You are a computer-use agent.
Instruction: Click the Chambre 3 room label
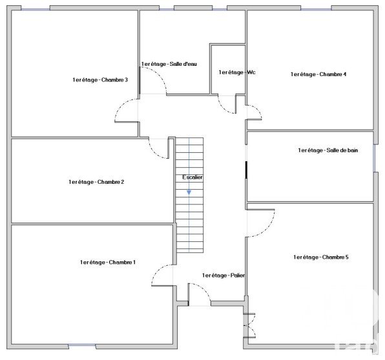tap(100, 80)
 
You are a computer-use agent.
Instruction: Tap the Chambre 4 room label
tap(318, 74)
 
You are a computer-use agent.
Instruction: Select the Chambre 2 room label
tap(96, 182)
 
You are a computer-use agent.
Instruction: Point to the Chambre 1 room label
tap(107, 262)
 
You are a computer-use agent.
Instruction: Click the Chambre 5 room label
tap(321, 257)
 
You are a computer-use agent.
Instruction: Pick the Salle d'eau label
tap(169, 64)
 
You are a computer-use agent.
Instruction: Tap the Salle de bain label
tap(328, 150)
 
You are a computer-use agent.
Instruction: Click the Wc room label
tap(237, 72)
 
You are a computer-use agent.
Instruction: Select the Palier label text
tap(224, 275)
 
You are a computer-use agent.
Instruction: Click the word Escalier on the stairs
tap(192, 177)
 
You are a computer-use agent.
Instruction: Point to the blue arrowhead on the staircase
tap(189, 192)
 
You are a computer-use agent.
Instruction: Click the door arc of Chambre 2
tap(154, 152)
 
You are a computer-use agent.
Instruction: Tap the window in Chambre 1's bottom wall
tap(82, 346)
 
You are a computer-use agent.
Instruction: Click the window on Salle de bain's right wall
tap(375, 158)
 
